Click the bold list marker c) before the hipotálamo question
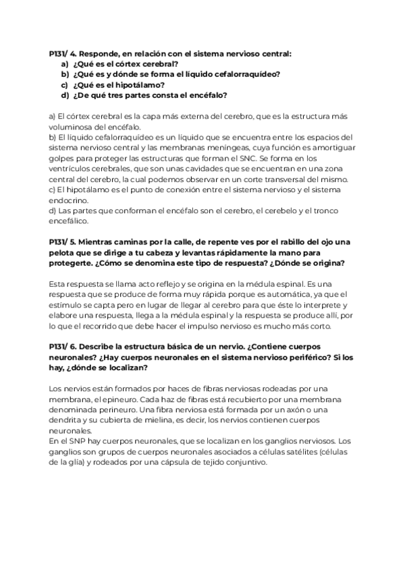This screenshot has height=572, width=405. coord(65,84)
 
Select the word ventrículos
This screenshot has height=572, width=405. coord(73,169)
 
